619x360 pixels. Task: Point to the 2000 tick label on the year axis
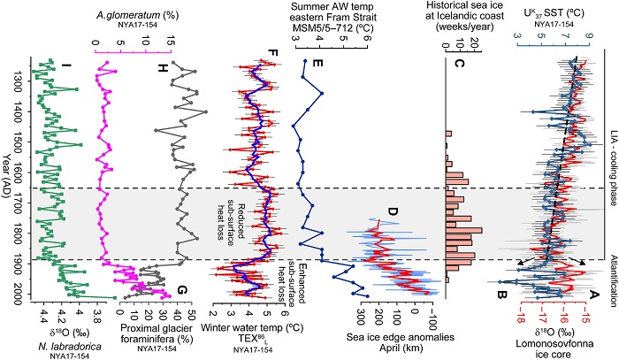coord(16,293)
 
